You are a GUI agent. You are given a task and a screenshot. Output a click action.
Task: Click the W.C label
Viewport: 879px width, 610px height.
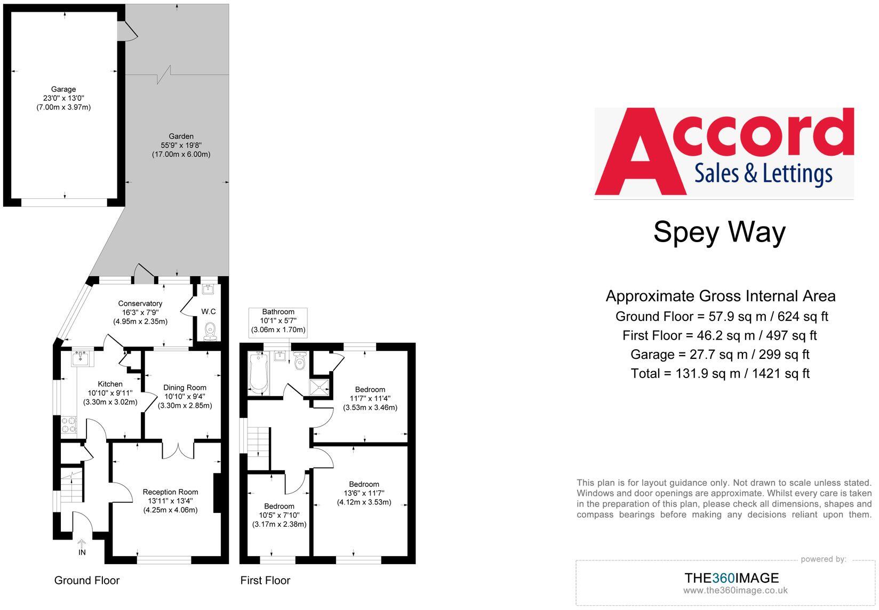209,311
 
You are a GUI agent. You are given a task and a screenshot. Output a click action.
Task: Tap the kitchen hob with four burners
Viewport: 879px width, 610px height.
69,425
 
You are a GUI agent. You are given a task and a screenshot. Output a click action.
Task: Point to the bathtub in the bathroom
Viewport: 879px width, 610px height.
258,373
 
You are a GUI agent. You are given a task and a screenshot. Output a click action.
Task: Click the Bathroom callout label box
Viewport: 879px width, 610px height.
278,321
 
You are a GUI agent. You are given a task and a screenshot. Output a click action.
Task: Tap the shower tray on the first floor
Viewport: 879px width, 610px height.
321,388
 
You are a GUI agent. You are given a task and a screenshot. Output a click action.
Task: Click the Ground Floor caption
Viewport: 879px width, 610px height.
87,580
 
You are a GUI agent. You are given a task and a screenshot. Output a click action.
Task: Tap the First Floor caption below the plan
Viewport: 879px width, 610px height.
265,580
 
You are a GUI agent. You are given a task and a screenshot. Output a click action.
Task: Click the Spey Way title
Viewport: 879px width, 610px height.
719,232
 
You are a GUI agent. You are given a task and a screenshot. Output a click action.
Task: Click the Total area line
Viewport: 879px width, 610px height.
720,373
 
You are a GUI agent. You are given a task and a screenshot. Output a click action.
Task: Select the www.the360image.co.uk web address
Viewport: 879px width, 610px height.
735,590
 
